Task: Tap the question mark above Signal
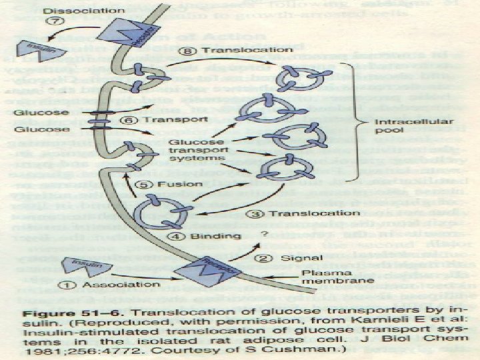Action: tap(265, 234)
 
